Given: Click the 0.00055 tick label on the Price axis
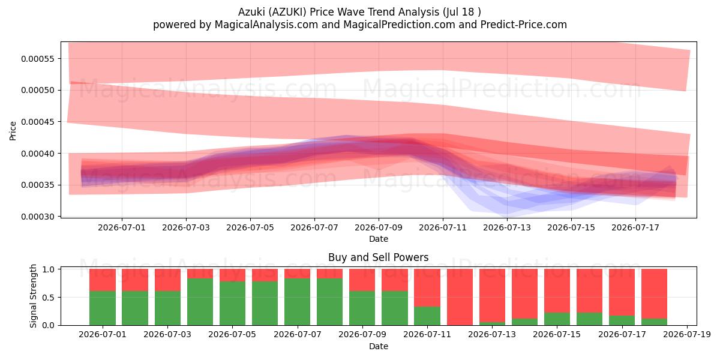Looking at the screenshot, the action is pyautogui.click(x=38, y=59).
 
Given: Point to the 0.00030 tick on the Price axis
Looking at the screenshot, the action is pyautogui.click(x=38, y=217).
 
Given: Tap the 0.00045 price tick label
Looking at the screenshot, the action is pyautogui.click(x=38, y=122).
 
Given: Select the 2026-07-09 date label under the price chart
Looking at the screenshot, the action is pyautogui.click(x=379, y=228).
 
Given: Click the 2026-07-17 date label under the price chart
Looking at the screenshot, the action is pyautogui.click(x=635, y=228).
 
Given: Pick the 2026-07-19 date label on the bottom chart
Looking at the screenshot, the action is pyautogui.click(x=687, y=335).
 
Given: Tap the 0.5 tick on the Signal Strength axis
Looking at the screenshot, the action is pyautogui.click(x=48, y=298).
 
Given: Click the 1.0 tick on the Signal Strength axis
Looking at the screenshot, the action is pyautogui.click(x=48, y=269).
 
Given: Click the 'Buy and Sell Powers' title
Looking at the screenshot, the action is pyautogui.click(x=379, y=257).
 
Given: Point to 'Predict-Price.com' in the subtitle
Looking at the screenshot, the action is pyautogui.click(x=524, y=25).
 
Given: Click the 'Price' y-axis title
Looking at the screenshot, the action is pyautogui.click(x=13, y=131).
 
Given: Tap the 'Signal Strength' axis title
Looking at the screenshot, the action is pyautogui.click(x=33, y=296).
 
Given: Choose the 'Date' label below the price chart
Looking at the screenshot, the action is pyautogui.click(x=379, y=239).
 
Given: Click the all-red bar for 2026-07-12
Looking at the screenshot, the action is pyautogui.click(x=460, y=297).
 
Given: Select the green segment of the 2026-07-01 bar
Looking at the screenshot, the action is pyautogui.click(x=103, y=308).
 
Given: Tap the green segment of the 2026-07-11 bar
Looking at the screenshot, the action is pyautogui.click(x=427, y=316).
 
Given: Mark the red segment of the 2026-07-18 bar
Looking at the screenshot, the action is pyautogui.click(x=654, y=294).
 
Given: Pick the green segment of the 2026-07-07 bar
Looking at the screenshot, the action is pyautogui.click(x=298, y=302).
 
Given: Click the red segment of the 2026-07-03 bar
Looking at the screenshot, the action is pyautogui.click(x=167, y=280).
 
